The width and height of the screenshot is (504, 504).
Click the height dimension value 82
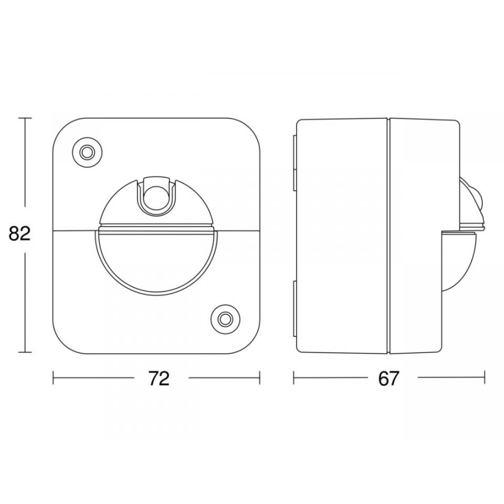19,234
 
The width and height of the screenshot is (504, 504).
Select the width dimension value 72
158,378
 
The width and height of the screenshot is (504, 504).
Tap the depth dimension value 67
388,378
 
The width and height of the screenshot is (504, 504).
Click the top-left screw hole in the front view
87,152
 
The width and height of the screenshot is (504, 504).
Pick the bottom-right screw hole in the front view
224,318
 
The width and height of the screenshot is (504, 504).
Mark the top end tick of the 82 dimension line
24,118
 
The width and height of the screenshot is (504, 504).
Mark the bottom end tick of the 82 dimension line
24,352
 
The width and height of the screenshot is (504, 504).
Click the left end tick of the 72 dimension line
53,378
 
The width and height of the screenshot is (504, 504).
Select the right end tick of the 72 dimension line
260,378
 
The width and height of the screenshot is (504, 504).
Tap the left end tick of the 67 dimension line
294,378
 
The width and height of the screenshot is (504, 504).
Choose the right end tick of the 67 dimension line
484,378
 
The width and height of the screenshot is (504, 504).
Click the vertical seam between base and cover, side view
387,235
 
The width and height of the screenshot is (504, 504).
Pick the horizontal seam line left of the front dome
73,231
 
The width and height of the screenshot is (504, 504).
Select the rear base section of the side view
341,235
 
